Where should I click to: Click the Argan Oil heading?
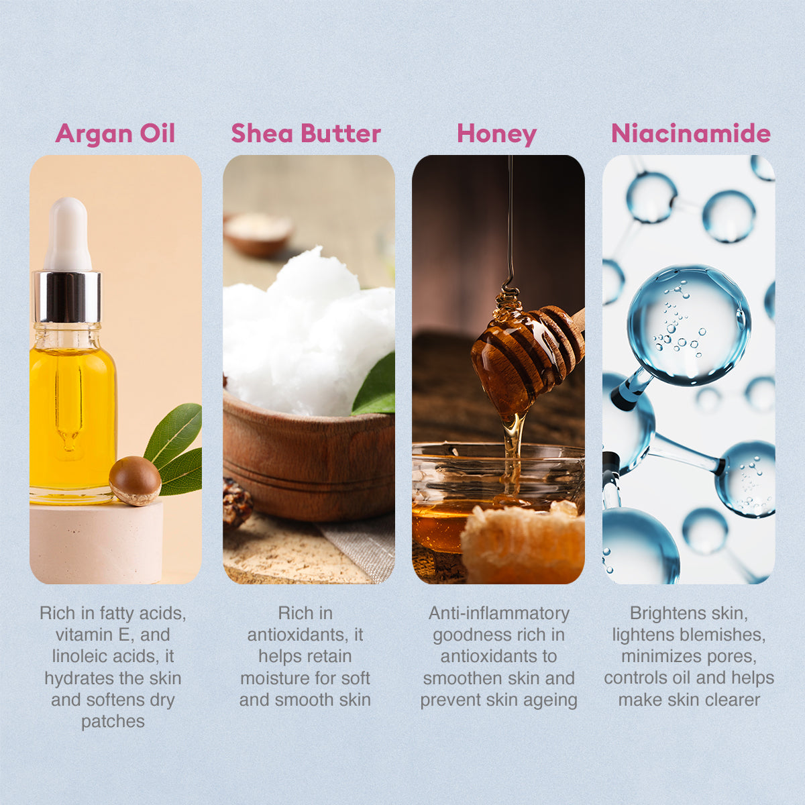point(115,133)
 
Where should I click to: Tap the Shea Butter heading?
point(306,133)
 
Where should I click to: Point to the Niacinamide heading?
point(690,133)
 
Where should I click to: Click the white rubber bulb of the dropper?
point(68,234)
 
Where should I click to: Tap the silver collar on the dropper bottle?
point(67,297)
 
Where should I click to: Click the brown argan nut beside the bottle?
point(135,480)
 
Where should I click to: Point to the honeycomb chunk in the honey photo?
point(522,543)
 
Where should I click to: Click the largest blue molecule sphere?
point(690,325)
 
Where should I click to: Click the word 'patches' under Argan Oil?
point(113,721)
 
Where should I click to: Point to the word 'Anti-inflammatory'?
point(499,613)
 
